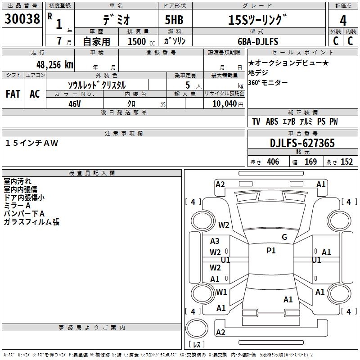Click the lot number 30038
[x=22, y=19]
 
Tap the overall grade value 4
[x=343, y=21]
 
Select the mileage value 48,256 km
[x=54, y=65]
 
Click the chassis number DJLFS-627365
[x=302, y=143]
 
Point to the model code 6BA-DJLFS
[x=258, y=41]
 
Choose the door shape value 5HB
[x=174, y=20]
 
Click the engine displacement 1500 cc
[x=141, y=41]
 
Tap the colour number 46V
[x=75, y=104]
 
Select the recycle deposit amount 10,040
[x=224, y=104]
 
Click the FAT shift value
[x=13, y=94]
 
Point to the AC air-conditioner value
[x=35, y=94]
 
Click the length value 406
[x=273, y=162]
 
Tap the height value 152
[x=346, y=162]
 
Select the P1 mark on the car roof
[x=271, y=251]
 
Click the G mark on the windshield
[x=284, y=237]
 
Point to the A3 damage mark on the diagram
[x=215, y=241]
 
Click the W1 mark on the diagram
[x=221, y=292]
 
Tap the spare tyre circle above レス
[x=197, y=328]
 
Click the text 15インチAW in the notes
[x=31, y=143]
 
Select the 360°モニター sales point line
[x=268, y=82]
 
